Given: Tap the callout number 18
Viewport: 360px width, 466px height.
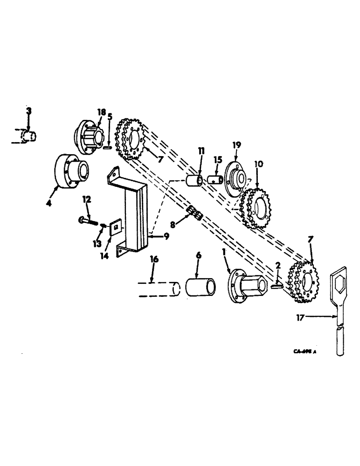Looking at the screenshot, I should [x=102, y=112].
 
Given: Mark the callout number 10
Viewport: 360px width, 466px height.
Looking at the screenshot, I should [x=259, y=164].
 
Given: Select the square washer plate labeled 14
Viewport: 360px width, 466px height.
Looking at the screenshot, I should [x=114, y=228].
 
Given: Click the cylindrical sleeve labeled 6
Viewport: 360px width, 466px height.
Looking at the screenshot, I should [x=201, y=287].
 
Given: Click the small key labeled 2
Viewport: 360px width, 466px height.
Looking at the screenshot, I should [x=277, y=288].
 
